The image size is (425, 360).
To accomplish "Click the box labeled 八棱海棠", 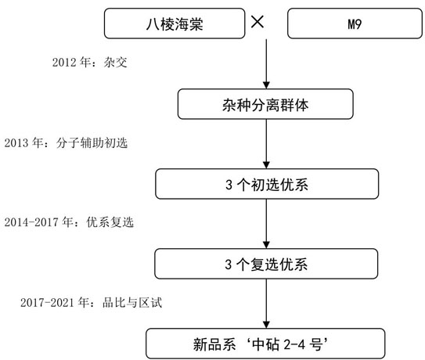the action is (x=175, y=23).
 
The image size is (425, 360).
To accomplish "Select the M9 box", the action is (x=355, y=23).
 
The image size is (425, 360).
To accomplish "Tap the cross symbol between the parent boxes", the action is (x=258, y=22).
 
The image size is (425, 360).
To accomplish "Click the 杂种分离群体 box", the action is (x=265, y=104).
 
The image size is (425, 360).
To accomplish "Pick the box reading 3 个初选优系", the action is (x=267, y=184).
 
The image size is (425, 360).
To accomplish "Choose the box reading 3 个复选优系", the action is (x=266, y=264).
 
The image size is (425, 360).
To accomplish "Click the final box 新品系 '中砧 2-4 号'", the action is (x=265, y=344).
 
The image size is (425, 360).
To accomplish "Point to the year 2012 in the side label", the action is (x=64, y=63).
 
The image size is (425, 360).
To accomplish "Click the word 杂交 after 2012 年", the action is (x=115, y=63).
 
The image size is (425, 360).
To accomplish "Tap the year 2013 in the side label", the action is (x=16, y=143).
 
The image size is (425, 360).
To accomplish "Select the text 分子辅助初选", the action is (x=92, y=143).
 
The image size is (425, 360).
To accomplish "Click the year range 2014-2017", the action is (x=31, y=222).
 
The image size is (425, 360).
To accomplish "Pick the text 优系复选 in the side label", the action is (x=110, y=222).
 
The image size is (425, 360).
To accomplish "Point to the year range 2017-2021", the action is (x=47, y=303).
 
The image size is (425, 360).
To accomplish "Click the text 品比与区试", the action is (x=132, y=303).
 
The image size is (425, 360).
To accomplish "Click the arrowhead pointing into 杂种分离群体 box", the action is (x=266, y=85).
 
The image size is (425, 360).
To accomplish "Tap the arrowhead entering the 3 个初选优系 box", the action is (x=266, y=165).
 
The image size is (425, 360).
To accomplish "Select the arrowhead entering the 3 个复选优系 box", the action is (x=266, y=245).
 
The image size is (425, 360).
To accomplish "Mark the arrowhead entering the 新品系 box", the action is (x=266, y=325).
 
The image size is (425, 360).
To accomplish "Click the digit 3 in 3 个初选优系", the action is (x=229, y=185).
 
